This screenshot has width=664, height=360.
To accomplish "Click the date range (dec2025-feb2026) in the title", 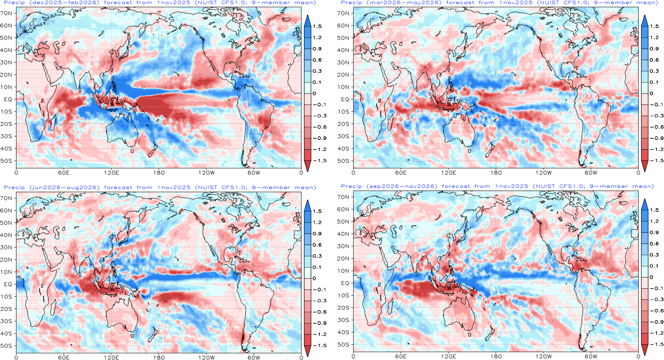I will point(64,2).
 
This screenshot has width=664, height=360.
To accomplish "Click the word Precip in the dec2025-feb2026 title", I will point(14,2).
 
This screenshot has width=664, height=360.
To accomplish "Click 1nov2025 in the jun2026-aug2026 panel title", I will point(174,187).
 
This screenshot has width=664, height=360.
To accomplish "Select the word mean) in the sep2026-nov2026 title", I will point(643,186).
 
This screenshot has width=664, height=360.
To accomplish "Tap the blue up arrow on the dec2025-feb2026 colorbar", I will point(307,21).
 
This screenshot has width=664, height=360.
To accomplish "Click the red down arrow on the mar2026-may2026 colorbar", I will point(645,166).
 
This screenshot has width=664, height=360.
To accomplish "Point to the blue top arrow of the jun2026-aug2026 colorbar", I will point(307,205).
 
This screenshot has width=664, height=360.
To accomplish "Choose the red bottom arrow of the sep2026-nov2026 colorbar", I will point(645,349).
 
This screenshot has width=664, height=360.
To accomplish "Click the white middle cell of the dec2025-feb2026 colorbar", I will point(307,88).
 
